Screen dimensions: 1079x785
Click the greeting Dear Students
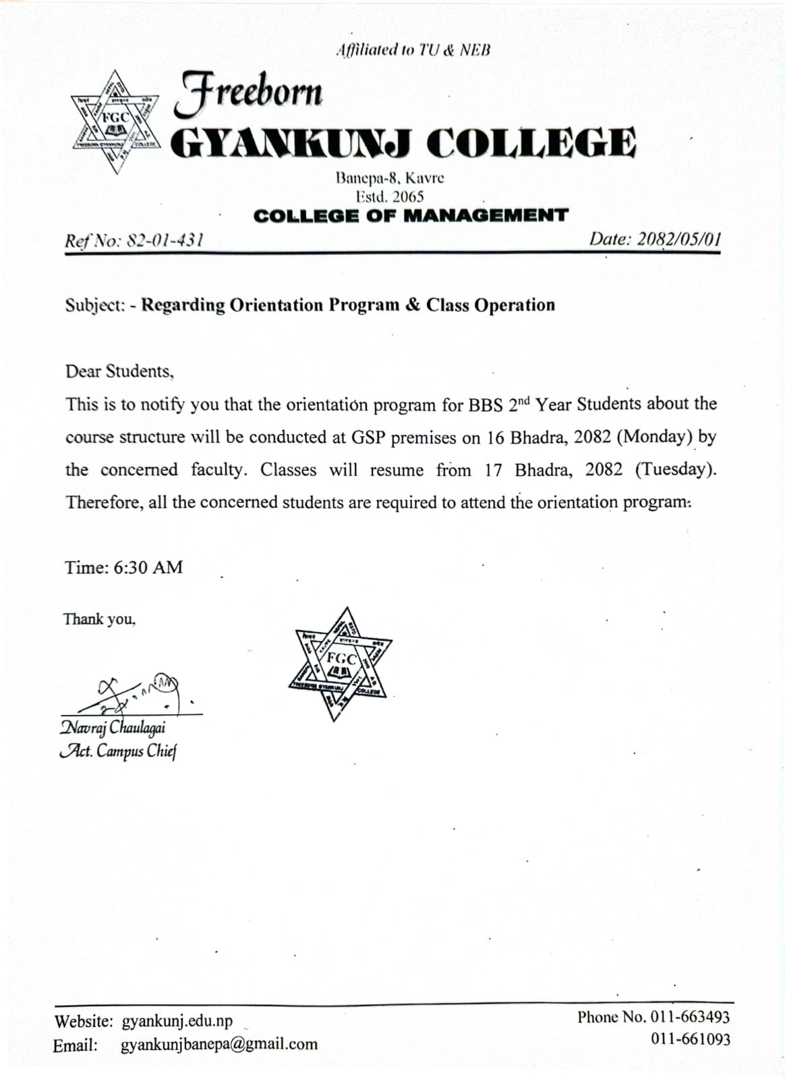119,371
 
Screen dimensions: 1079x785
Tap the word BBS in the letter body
486,405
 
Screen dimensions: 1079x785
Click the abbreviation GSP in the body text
369,437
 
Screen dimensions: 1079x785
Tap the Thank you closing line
99,618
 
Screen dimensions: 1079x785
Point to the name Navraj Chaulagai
113,728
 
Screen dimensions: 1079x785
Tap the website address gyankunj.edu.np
177,1021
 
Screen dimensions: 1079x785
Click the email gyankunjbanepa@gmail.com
219,1045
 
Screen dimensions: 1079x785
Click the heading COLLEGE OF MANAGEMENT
411,216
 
